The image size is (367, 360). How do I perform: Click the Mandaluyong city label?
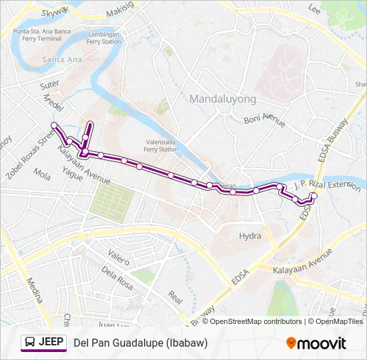click(222, 99)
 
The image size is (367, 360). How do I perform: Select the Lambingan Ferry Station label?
click(103, 37)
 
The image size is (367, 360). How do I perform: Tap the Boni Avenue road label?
click(264, 120)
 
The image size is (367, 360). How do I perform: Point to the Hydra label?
click(250, 236)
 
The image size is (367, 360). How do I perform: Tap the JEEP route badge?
click(44, 343)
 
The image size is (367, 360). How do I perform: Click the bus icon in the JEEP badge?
click(31, 343)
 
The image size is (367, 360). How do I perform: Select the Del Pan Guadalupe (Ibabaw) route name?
click(141, 343)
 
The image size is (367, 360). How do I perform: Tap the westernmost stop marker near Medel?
click(54, 125)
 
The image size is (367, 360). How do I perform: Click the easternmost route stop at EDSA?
click(314, 195)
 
